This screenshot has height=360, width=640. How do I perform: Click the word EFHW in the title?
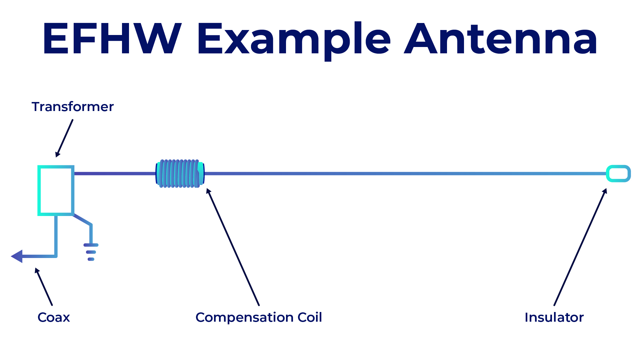click(x=112, y=39)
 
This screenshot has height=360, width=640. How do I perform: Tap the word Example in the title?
click(x=293, y=39)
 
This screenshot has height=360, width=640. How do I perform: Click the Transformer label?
click(x=73, y=107)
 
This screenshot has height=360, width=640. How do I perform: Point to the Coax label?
click(x=54, y=317)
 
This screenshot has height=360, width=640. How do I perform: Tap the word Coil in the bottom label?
click(x=310, y=317)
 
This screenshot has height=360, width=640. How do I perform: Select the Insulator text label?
click(x=554, y=317)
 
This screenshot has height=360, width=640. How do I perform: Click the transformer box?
click(x=56, y=190)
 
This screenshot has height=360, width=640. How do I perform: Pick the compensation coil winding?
click(x=180, y=174)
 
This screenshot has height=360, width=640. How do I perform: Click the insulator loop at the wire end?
click(x=618, y=174)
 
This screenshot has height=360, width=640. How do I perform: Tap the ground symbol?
click(x=91, y=252)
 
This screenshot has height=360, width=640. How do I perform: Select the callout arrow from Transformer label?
click(x=65, y=138)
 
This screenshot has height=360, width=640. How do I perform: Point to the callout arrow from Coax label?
click(x=44, y=287)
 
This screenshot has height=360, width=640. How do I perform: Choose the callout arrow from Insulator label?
click(x=580, y=247)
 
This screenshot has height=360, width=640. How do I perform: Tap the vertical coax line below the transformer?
click(x=56, y=235)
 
